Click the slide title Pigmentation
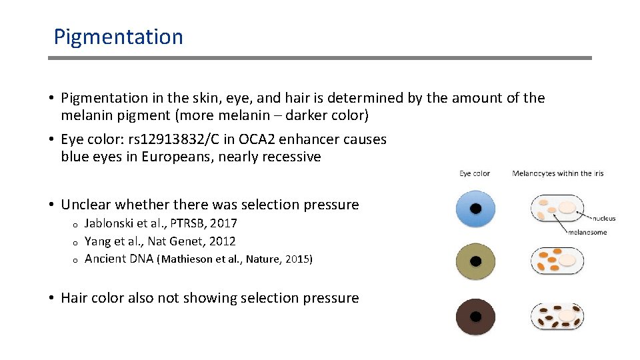click(118, 37)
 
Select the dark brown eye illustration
click(475, 316)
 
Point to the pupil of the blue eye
click(475, 209)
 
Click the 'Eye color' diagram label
click(475, 173)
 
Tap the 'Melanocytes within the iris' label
click(557, 173)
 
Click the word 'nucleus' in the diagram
click(603, 218)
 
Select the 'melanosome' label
click(587, 233)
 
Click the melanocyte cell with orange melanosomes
click(557, 261)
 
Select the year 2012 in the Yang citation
click(222, 241)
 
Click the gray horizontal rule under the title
click(320, 58)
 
